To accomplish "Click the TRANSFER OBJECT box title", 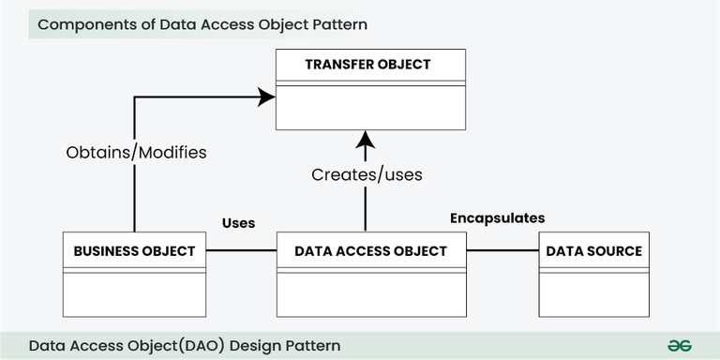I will (367, 65).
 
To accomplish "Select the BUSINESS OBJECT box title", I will (134, 250).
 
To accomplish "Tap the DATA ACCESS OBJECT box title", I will (371, 250).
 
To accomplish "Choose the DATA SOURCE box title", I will (593, 250).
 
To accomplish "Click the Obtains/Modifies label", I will (137, 151).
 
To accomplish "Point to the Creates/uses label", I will (367, 174).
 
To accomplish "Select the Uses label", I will (238, 223).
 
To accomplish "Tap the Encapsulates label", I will (497, 217).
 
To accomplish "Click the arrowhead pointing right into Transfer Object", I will (266, 95).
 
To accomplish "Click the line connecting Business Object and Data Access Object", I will (241, 250).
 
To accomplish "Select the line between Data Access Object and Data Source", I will (502, 250).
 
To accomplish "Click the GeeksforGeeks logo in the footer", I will (680, 345).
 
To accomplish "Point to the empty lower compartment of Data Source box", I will (593, 294).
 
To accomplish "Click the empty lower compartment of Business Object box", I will (134, 294).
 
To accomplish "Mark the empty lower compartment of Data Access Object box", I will (371, 294).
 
